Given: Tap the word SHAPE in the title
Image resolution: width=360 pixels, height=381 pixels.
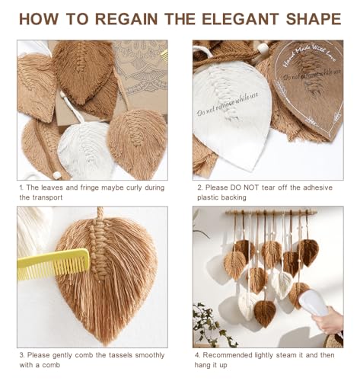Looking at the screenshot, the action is point(314,19).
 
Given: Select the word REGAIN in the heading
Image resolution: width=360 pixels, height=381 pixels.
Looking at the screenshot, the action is point(126,19).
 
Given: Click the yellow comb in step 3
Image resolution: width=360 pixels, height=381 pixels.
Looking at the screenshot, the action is point(53,264).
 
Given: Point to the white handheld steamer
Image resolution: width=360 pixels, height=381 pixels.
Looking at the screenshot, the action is point(314,303).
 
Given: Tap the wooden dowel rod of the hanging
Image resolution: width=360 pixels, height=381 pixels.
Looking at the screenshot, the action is point(271,212).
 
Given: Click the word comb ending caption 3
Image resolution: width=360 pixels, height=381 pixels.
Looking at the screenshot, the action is point(51,365).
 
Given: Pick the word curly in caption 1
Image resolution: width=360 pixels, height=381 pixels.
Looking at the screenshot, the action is point(132,188).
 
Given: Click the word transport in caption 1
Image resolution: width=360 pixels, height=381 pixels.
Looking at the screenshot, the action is point(47,197).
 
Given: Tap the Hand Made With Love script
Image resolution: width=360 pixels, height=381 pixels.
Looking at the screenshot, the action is point(310,56).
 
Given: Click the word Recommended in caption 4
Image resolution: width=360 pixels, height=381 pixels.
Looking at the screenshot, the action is point(226,355).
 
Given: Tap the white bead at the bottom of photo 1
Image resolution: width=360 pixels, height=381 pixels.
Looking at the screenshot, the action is point(57,175).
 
